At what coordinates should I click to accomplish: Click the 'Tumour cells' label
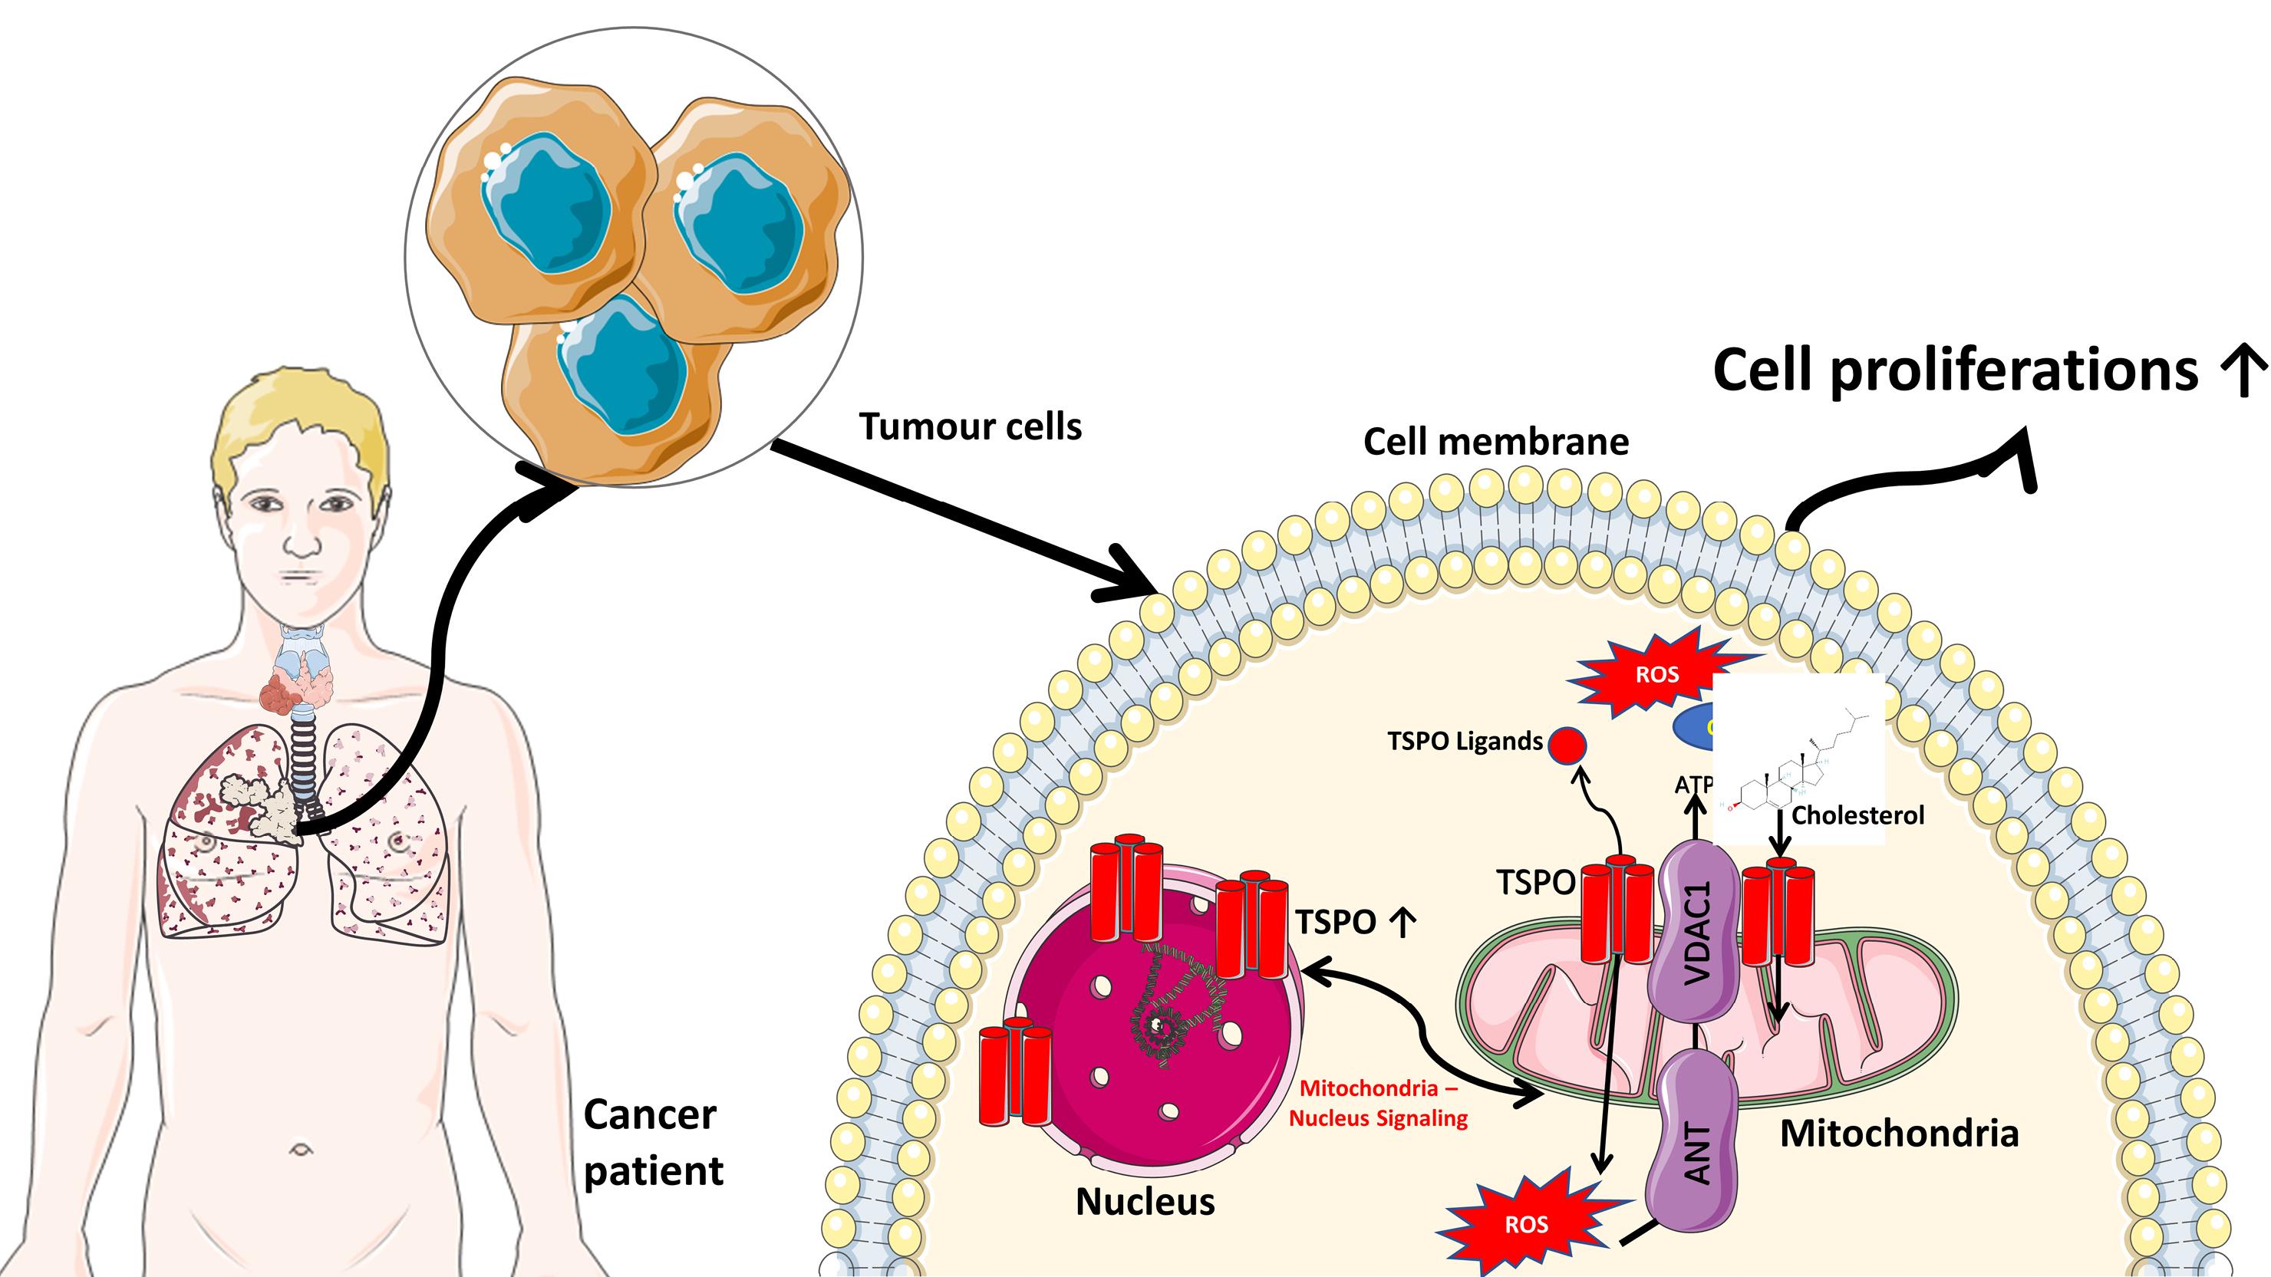[970, 426]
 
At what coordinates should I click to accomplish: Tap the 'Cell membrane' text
[1495, 442]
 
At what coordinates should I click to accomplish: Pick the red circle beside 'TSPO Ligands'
[1567, 745]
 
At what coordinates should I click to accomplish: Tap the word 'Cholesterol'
[1857, 815]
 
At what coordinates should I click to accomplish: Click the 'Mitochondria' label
[1899, 1134]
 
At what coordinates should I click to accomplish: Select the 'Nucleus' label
[1144, 1202]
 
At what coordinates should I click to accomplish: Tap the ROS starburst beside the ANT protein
[1526, 1224]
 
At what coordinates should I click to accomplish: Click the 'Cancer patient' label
[652, 1143]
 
